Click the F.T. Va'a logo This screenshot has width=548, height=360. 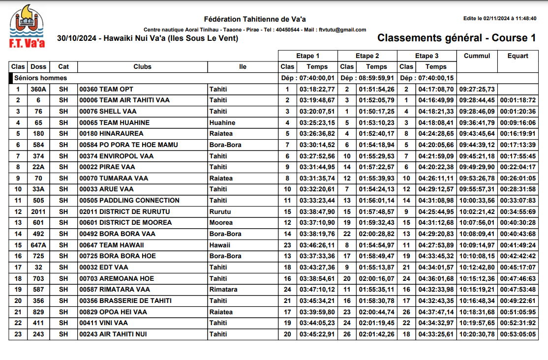click(x=27, y=27)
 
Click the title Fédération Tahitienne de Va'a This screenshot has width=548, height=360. click(x=254, y=19)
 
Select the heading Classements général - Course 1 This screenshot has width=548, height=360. click(x=456, y=38)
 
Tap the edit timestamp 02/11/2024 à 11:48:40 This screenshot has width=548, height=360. click(x=499, y=18)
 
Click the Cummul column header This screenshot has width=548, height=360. click(x=477, y=56)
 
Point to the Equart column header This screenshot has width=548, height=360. click(x=518, y=56)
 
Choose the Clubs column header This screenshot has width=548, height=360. click(x=142, y=66)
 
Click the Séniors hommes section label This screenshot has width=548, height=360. click(x=40, y=78)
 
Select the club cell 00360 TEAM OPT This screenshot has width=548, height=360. click(x=106, y=89)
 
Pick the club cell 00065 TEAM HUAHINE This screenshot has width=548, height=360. click(x=114, y=122)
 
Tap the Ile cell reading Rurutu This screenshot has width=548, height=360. click(x=220, y=211)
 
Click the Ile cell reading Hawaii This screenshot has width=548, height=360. click(x=219, y=245)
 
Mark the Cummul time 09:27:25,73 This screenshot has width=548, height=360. click(x=477, y=89)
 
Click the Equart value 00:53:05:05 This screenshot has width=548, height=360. click(x=518, y=334)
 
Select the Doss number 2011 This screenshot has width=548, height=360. click(x=38, y=211)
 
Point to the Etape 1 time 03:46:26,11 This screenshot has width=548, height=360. click(x=317, y=245)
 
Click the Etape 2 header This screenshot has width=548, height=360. click(x=367, y=56)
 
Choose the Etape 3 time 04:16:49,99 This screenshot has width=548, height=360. click(x=435, y=100)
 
